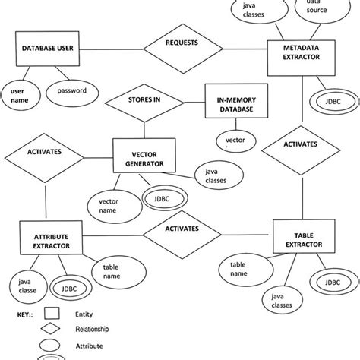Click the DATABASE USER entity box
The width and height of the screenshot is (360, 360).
tap(47, 49)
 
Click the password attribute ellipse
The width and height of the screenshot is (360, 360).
tap(72, 92)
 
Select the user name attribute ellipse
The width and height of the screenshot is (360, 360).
tap(18, 95)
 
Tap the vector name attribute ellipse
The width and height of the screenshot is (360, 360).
tap(108, 205)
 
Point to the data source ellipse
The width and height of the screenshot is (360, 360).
tap(311, 10)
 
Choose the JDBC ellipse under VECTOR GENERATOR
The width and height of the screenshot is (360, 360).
tap(159, 200)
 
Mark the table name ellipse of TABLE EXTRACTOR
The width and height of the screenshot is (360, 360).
tap(238, 268)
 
